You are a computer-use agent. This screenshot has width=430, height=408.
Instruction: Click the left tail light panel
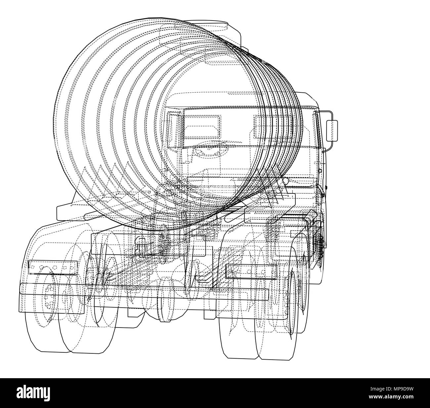(53, 267)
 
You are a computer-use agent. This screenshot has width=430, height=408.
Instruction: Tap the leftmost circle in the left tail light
(32, 267)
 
